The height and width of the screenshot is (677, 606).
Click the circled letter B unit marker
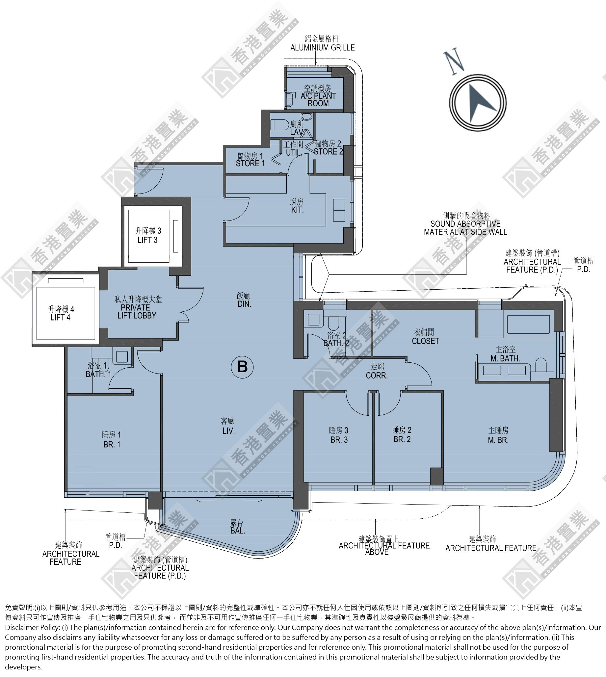click(x=242, y=367)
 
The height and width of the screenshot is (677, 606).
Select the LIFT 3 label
click(x=148, y=240)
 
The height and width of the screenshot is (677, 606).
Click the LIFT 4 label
click(x=60, y=317)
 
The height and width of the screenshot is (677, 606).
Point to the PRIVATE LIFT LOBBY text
click(x=137, y=312)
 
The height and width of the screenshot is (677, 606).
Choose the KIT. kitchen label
click(x=297, y=210)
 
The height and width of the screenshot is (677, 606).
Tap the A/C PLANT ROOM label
click(x=318, y=99)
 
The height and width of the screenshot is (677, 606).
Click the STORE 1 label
click(x=250, y=163)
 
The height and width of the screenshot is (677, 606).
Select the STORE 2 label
click(x=328, y=151)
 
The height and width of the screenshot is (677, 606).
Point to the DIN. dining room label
click(x=244, y=304)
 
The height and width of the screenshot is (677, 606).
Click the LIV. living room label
click(x=228, y=430)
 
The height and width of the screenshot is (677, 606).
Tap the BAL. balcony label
click(x=237, y=531)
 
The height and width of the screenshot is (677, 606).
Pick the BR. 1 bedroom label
click(x=112, y=444)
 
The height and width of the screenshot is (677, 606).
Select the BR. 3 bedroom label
click(x=339, y=440)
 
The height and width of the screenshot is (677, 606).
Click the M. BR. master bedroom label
click(x=498, y=440)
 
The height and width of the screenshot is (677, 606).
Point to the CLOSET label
click(x=425, y=341)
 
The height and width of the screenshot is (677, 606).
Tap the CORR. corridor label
click(x=377, y=376)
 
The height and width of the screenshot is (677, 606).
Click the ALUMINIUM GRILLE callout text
click(x=322, y=48)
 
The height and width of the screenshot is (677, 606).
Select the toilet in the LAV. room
click(x=279, y=125)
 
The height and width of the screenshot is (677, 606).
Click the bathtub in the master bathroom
click(x=528, y=324)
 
